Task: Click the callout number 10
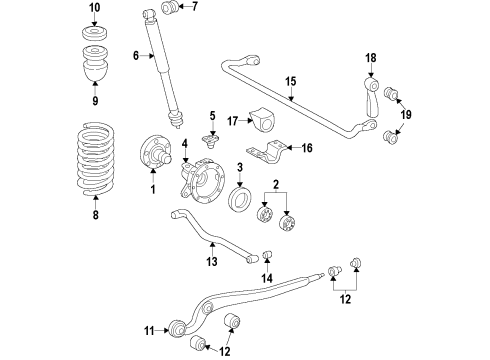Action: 95,7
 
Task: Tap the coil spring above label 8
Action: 96,159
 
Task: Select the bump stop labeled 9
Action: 95,63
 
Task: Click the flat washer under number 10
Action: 95,34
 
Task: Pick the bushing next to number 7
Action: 170,7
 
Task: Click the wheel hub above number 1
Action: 156,152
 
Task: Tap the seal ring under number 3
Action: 240,199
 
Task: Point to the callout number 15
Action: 291,81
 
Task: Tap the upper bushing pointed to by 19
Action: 391,93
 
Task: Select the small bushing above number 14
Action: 268,254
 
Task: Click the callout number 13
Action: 212,261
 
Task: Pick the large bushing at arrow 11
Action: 177,328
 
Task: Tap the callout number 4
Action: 185,144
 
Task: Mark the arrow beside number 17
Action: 246,121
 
